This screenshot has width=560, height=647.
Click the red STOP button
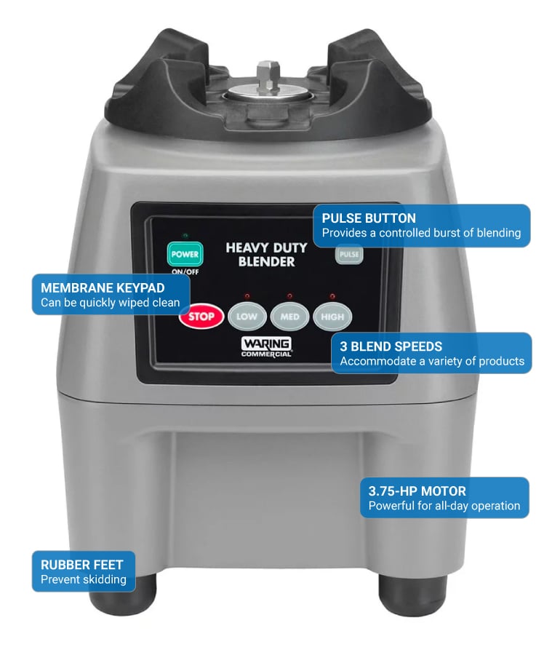[201, 317]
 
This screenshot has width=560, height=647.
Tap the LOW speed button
[247, 317]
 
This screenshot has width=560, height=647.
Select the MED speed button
[289, 317]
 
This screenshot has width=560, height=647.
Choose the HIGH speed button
[332, 317]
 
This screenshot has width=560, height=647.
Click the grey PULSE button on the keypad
[349, 254]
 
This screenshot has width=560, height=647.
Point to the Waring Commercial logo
[266, 347]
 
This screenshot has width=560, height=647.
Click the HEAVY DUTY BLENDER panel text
[266, 254]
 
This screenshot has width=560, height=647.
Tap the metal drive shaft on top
[268, 78]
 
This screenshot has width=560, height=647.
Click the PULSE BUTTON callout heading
[369, 218]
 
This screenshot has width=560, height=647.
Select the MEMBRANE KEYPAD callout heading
[103, 287]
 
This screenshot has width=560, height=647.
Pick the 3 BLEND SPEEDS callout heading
[391, 346]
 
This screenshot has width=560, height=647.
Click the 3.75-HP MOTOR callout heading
[417, 491]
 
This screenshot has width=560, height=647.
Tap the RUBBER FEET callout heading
[82, 565]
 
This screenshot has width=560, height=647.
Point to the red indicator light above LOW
[247, 296]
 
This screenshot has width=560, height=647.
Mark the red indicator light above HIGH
[332, 296]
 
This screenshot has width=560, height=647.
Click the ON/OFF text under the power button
[185, 271]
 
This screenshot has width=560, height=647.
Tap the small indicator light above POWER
[185, 236]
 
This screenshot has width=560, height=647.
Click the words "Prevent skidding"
[84, 579]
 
